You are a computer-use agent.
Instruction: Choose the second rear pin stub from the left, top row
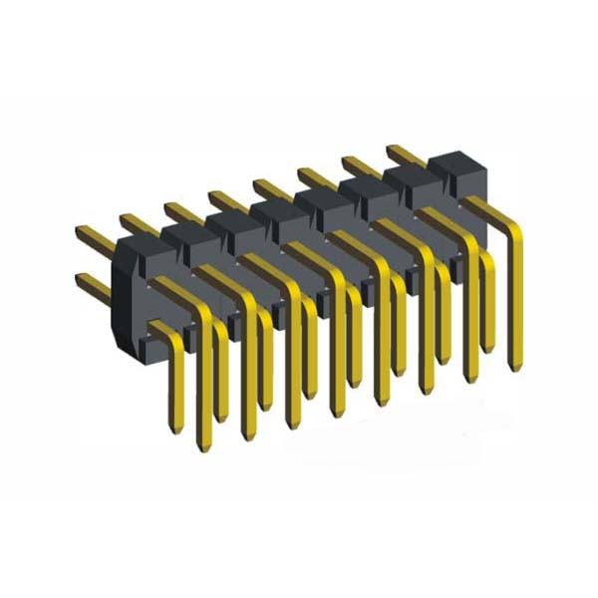134,222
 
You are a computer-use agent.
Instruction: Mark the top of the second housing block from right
414,177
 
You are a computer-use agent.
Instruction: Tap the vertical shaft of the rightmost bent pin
514,299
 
